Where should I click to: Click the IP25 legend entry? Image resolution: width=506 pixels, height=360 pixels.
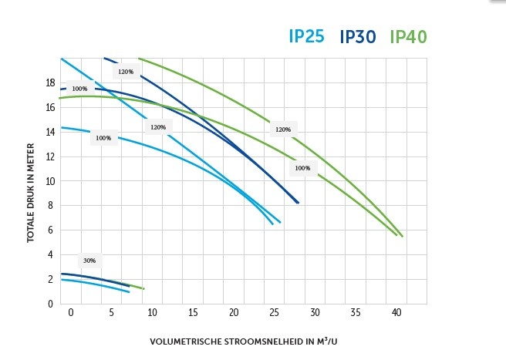point(306,36)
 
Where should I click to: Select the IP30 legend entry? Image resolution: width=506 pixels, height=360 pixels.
point(357,36)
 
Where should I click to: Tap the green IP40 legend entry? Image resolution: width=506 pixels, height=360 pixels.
point(408,36)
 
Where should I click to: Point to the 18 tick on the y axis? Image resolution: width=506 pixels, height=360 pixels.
point(49,82)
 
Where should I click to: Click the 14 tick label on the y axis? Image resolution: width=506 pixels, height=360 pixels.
point(49,132)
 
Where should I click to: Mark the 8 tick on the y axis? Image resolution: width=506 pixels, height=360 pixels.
point(50,205)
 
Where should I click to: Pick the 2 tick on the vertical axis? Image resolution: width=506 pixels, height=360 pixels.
point(50,278)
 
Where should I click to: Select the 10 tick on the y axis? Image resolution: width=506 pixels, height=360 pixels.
point(49,180)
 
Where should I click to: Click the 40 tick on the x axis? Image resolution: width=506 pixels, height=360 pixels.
point(396,313)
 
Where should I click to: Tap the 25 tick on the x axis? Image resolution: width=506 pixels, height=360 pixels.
point(275,313)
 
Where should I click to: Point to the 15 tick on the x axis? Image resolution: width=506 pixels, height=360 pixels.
point(193,313)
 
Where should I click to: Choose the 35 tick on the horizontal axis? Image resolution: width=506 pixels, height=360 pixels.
point(356,313)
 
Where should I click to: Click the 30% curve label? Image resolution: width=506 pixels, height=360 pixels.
point(89,261)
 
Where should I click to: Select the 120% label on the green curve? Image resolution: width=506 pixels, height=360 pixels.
point(282,129)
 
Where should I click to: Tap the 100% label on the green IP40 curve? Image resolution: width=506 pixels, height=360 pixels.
point(302,167)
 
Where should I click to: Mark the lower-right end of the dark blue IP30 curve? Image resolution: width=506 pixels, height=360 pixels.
point(298,203)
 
